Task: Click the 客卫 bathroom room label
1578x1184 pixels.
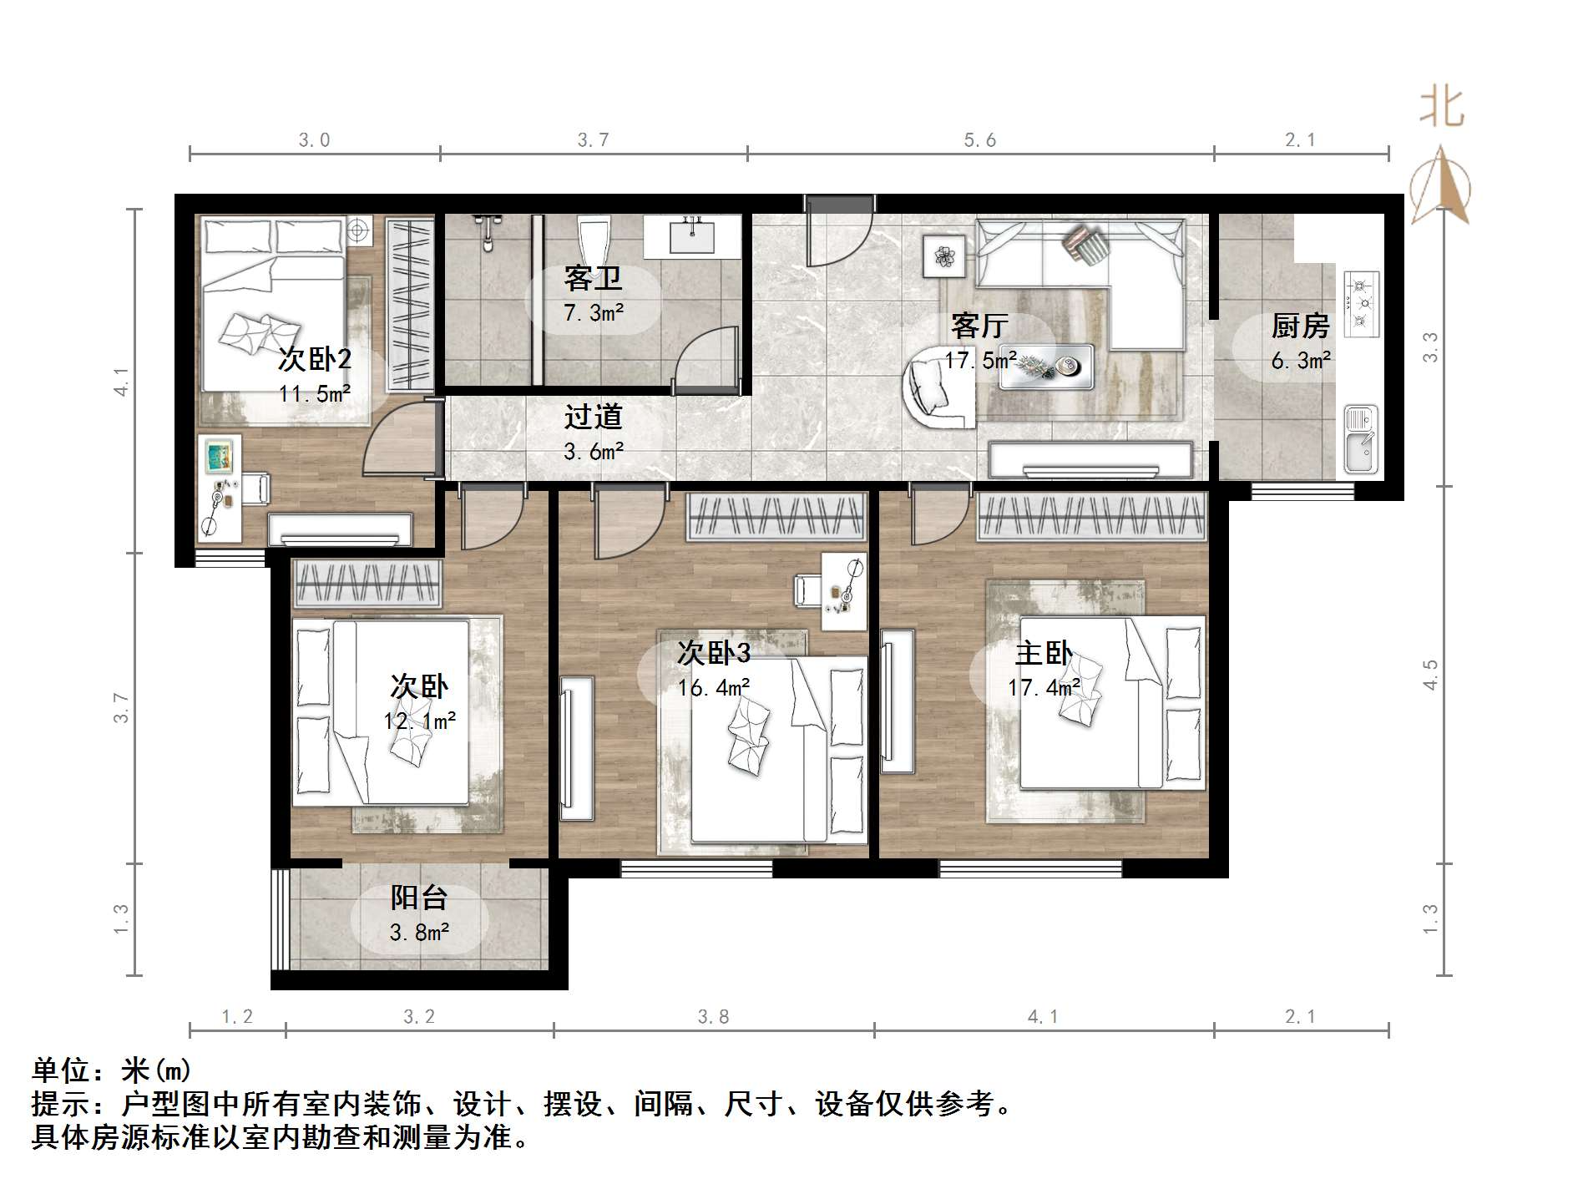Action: [x=593, y=278]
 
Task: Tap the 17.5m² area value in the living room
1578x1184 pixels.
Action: [x=980, y=360]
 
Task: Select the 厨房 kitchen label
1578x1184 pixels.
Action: [x=1300, y=326]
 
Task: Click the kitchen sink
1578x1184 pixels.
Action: [x=1361, y=439]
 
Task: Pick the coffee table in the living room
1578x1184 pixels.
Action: [x=1046, y=366]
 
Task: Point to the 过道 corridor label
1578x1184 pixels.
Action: [x=593, y=417]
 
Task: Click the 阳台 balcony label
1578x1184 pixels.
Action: [x=419, y=898]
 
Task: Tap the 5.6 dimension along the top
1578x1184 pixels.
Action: [x=980, y=139]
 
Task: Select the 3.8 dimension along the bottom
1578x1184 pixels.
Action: [x=713, y=1016]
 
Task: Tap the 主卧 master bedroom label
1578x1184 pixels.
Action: [x=1044, y=653]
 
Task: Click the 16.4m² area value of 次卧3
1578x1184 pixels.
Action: [x=713, y=688]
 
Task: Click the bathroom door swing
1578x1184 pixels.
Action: [x=706, y=360]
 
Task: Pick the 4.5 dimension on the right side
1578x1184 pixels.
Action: [x=1431, y=675]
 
